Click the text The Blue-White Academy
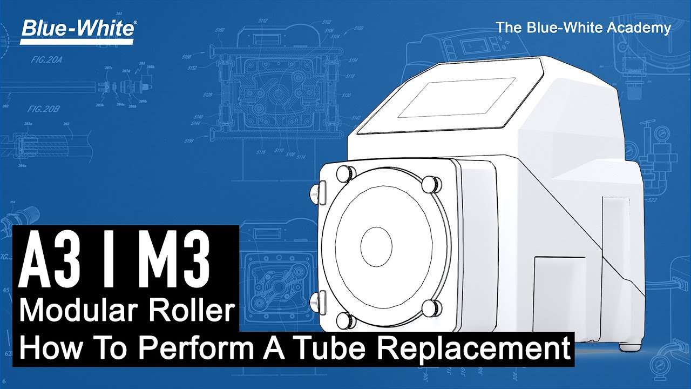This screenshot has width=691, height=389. point(583,28)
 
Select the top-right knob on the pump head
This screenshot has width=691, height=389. point(430,183)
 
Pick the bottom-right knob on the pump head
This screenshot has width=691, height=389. point(431,308)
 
